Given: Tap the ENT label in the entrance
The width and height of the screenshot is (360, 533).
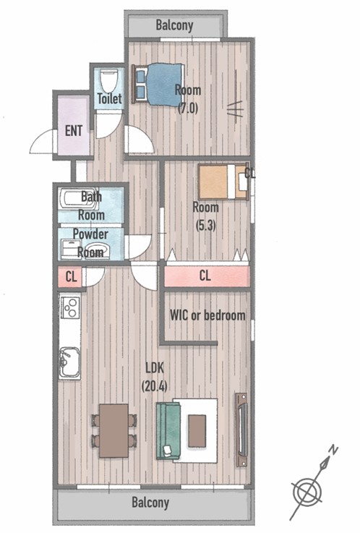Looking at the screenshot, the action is (73, 131).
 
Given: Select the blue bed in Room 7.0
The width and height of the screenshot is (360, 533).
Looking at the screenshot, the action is (158, 84).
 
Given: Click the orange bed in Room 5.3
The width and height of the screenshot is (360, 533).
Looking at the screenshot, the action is (223, 182).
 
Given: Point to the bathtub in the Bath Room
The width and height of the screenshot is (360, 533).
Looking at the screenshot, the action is (77, 199).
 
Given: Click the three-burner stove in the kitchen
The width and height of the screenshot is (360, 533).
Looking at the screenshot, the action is (70, 307).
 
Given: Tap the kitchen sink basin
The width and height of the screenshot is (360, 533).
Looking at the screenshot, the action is (69, 362).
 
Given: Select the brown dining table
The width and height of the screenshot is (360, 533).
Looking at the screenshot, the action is (113, 430).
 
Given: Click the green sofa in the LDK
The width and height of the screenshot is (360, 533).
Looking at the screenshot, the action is (168, 431).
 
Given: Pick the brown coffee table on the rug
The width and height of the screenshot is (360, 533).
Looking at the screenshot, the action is (197, 431).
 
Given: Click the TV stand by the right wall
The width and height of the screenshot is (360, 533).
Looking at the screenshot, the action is (241, 430).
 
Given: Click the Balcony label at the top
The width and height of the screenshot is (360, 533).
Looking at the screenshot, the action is (174, 25).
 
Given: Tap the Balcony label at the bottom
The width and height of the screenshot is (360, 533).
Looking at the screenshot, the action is (150, 503).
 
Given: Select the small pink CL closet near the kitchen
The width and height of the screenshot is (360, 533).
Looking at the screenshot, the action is (70, 277).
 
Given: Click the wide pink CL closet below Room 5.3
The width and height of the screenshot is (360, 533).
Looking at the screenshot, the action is (207, 276).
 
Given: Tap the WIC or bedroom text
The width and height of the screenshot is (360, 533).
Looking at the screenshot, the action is (207, 315).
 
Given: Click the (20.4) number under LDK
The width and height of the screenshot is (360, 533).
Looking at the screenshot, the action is (154, 385).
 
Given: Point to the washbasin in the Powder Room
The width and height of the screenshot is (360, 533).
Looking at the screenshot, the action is (97, 250).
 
